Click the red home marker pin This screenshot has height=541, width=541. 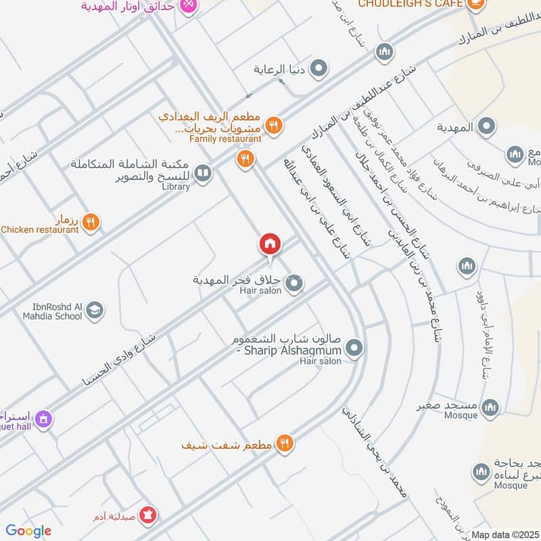(269, 243)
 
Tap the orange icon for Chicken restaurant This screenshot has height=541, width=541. (91, 221)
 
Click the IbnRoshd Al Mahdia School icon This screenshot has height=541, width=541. (95, 310)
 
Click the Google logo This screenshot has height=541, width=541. (28, 531)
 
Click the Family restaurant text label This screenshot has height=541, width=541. (225, 139)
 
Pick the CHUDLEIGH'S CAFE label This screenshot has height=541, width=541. (410, 4)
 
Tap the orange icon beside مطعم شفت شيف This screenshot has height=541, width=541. (285, 443)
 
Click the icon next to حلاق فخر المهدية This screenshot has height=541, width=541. (293, 284)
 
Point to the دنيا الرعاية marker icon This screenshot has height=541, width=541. (319, 69)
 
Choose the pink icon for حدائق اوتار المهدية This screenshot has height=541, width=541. (189, 5)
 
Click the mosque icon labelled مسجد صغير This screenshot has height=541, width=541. (490, 407)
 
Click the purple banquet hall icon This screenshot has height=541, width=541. (44, 420)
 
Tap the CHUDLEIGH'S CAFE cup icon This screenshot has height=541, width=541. (476, 4)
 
